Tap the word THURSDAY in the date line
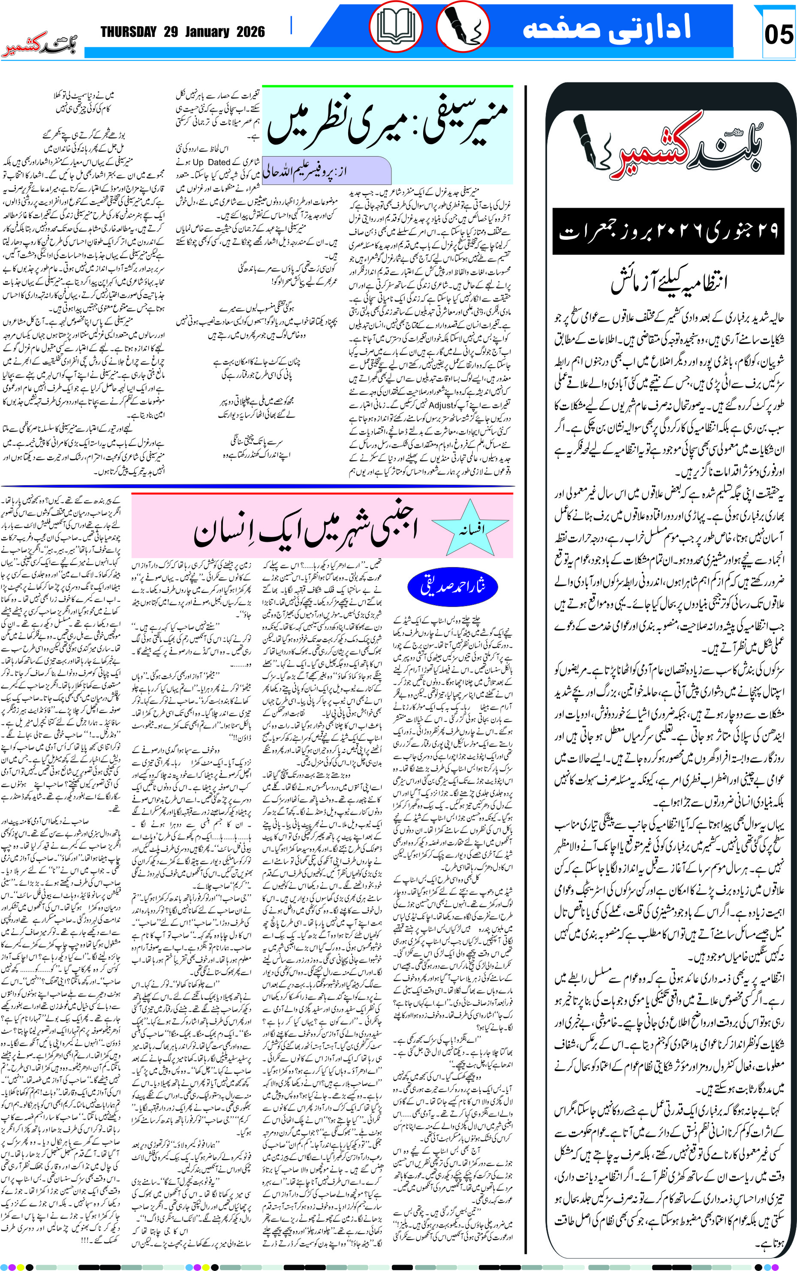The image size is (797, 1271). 129,32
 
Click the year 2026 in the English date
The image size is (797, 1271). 250,32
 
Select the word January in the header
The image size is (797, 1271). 207,32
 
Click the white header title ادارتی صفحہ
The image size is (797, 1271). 606,27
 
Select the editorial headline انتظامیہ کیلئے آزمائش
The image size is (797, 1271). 668,282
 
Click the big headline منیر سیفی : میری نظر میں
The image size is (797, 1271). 388,124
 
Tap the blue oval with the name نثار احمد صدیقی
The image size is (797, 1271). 452,586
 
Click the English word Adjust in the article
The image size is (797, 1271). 441,405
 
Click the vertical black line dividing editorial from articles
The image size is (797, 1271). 526,633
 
